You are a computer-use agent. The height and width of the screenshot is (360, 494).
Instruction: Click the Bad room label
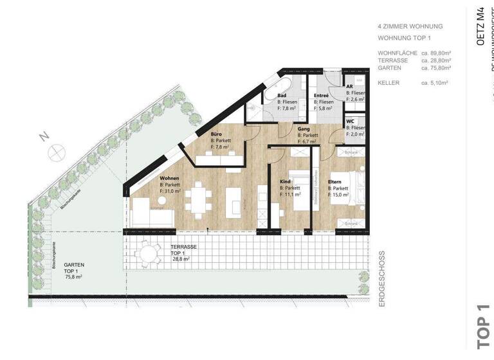pos(282,95)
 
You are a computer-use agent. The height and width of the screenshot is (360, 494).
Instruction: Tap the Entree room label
pos(322,95)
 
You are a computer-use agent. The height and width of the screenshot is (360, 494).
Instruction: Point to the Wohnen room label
pos(170,178)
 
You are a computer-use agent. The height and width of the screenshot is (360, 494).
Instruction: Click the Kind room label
pos(286,182)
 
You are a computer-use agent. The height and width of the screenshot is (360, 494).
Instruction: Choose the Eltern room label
pos(334,182)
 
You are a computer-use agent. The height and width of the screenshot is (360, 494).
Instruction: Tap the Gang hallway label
pos(304,129)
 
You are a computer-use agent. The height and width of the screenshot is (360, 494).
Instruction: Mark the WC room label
pos(351,121)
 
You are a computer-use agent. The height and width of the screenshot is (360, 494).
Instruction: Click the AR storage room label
pos(350,86)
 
